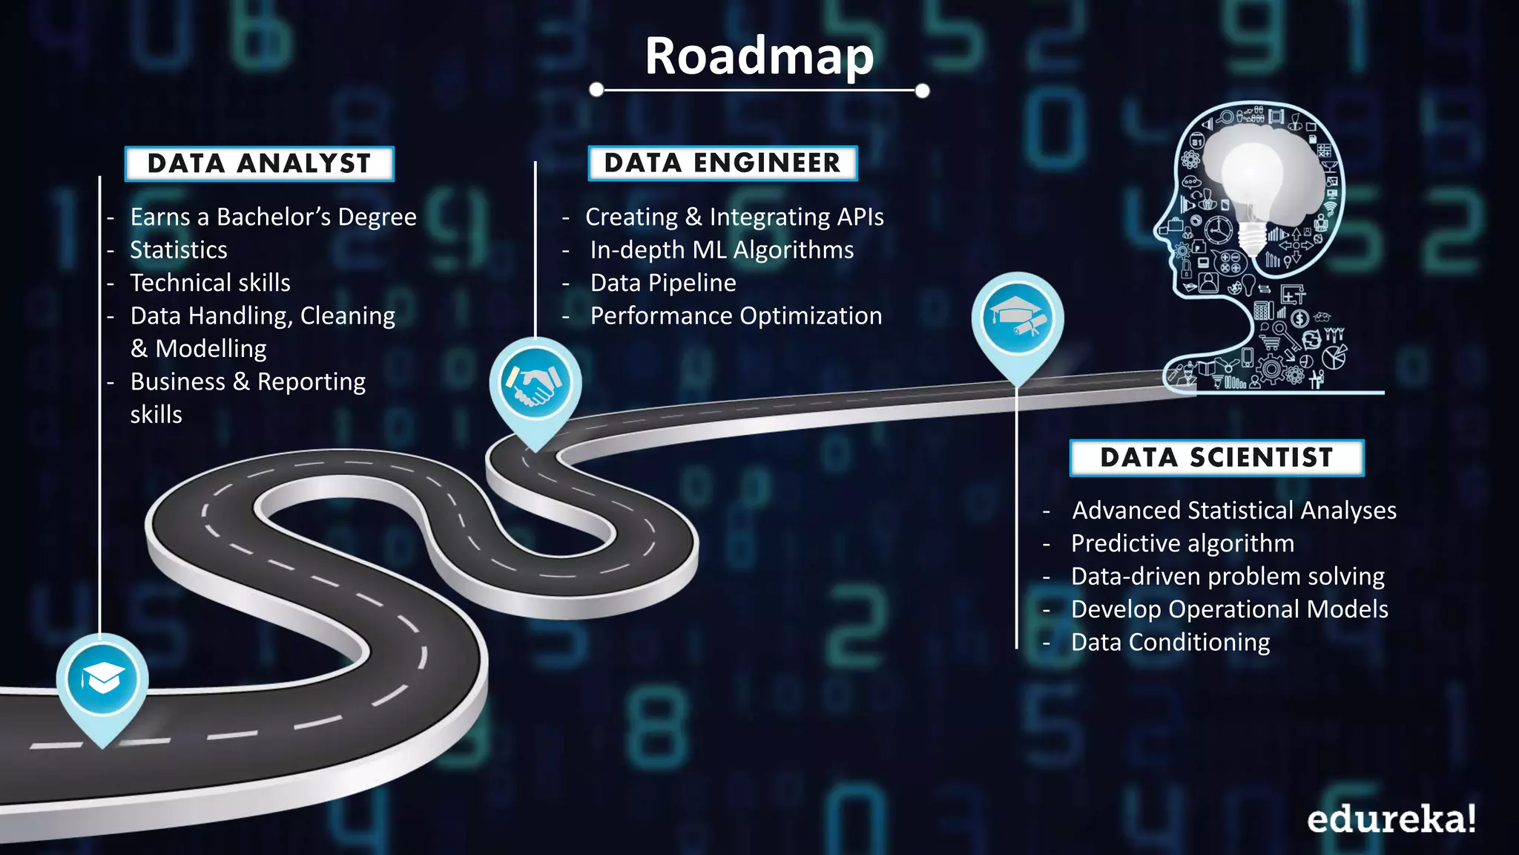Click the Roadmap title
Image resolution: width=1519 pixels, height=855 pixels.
coord(759,56)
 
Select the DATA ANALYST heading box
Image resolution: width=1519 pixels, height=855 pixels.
coord(259,163)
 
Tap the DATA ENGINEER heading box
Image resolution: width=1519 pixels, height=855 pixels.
coord(722,163)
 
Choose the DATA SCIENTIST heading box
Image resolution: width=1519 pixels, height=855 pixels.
coord(1216,457)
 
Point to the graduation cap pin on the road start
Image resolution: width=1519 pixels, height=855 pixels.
coord(102,678)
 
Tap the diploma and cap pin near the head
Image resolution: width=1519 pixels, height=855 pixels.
coord(1018,318)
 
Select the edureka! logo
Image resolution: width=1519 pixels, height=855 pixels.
coord(1391,819)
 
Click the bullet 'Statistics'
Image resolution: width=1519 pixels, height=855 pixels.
coord(179,250)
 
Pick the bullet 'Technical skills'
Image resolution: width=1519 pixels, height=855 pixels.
coord(210,283)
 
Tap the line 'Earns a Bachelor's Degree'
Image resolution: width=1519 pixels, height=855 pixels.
coord(273,217)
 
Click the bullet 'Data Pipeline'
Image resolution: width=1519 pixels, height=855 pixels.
coord(663,283)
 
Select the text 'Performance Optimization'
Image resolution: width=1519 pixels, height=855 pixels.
coord(736,316)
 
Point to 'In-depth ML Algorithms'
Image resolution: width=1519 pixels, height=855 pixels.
coord(722,250)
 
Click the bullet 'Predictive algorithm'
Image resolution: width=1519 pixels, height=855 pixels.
coord(1182,543)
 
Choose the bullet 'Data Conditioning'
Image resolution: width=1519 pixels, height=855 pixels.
coord(1170,642)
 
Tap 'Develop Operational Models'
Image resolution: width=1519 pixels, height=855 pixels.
coord(1229,609)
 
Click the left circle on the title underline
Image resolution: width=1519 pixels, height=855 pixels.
coord(596,90)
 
